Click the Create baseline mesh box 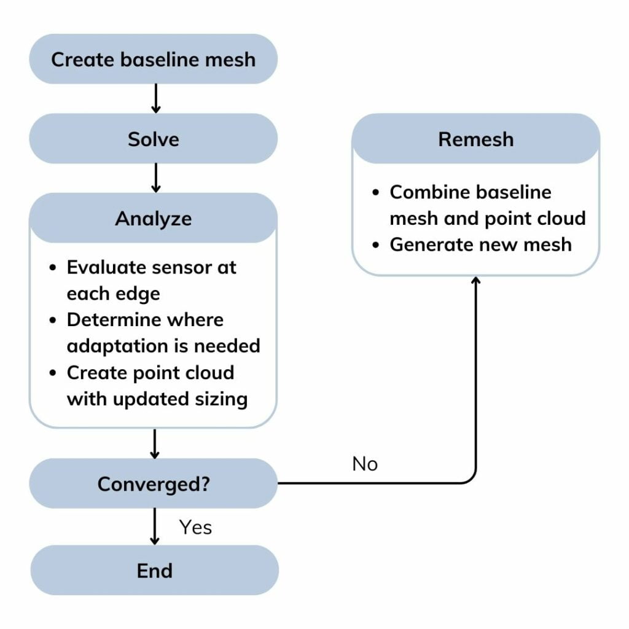(154, 60)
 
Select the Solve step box (154, 139)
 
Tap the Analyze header (154, 219)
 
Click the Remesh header (475, 139)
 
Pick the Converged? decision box (154, 483)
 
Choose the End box (154, 570)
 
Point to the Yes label (195, 526)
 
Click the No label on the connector (365, 464)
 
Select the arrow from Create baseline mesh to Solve (155, 98)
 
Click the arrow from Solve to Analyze (155, 178)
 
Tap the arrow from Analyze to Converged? (155, 443)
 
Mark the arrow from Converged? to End (155, 527)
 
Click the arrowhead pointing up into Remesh (475, 281)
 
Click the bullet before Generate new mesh (377, 245)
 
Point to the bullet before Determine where (54, 321)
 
